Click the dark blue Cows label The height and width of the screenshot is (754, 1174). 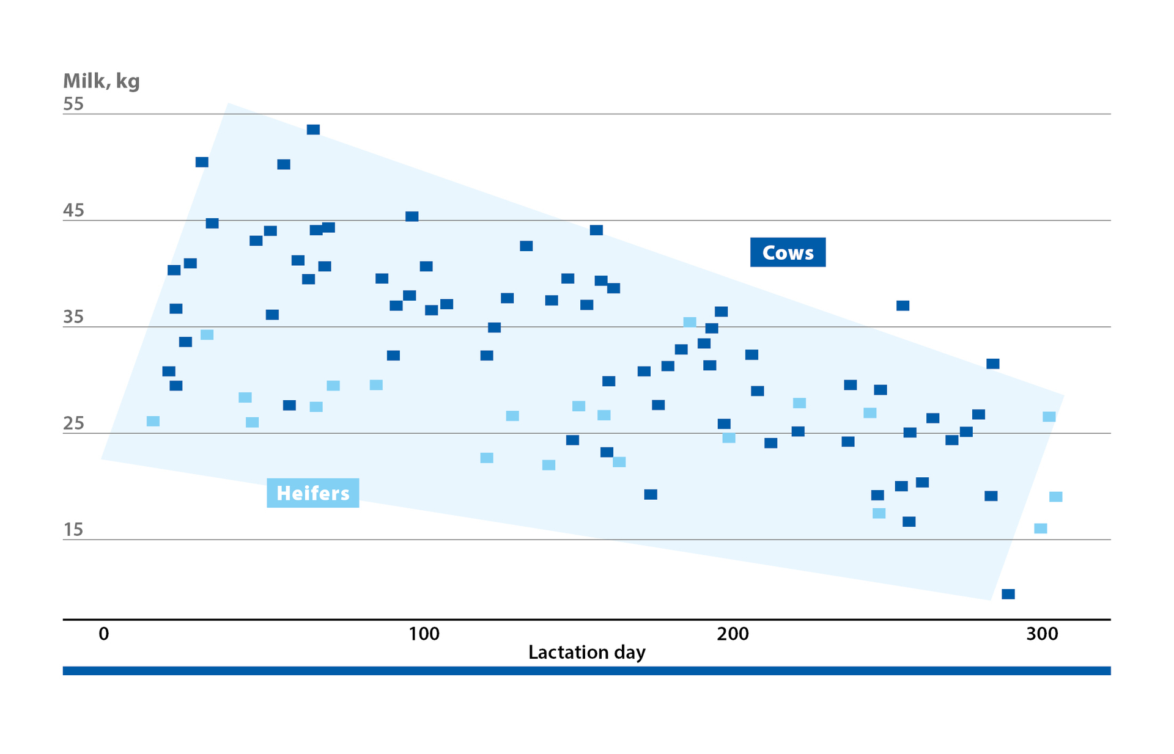pos(788,252)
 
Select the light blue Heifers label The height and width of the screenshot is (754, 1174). pos(312,493)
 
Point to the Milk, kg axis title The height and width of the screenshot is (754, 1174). pos(102,81)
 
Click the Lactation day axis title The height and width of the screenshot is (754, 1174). pos(586,653)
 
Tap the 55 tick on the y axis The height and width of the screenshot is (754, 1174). pos(73,104)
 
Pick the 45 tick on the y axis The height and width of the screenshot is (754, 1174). pos(73,211)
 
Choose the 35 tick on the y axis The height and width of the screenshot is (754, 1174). pos(73,317)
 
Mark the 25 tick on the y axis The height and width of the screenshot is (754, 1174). pos(73,423)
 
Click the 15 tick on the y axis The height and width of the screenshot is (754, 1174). pos(73,530)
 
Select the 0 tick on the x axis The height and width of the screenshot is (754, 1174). pos(104,634)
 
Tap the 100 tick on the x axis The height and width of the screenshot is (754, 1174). pos(424,634)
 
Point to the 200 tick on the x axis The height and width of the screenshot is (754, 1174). pos(733,634)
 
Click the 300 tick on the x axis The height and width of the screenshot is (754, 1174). pos(1042,634)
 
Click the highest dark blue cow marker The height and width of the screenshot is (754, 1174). pos(313,130)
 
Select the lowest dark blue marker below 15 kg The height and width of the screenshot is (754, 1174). pos(1008,594)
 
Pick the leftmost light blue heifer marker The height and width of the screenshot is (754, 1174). pos(153,421)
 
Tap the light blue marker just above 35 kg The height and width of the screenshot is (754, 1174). pos(690,322)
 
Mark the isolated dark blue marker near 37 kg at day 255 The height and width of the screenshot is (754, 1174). pos(903,306)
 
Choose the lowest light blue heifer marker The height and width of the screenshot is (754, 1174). pos(1040,529)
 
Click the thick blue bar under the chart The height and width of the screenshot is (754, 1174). pos(586,671)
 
